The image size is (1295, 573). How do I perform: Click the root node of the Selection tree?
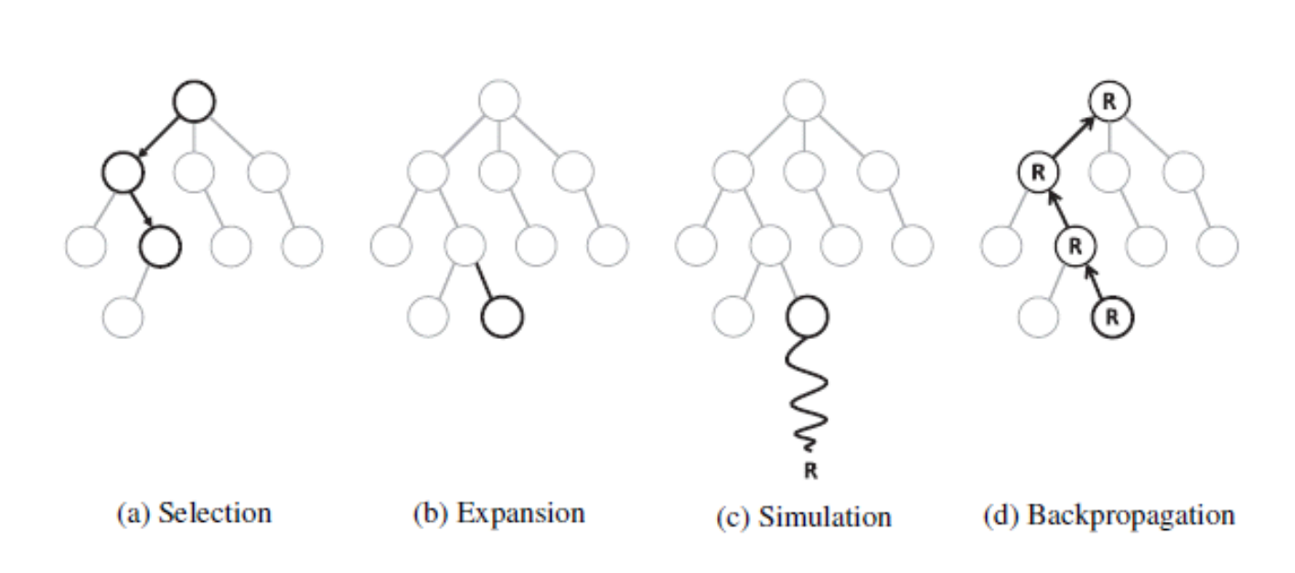click(x=194, y=100)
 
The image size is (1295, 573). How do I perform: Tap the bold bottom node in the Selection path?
click(x=160, y=245)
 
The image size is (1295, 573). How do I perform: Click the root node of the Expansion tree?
click(x=498, y=100)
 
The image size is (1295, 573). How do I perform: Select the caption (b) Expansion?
click(x=498, y=514)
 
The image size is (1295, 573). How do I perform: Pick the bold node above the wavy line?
click(x=807, y=317)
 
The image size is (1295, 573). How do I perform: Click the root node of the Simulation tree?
click(x=804, y=100)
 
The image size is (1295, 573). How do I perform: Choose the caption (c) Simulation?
click(x=804, y=516)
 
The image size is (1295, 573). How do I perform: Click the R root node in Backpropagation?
click(x=1108, y=101)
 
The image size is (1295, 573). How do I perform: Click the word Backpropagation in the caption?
click(x=1130, y=515)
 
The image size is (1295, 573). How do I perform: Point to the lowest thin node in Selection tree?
click(x=123, y=317)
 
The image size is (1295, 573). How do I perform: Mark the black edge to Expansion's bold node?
click(x=484, y=281)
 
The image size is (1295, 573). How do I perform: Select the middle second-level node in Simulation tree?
click(x=804, y=172)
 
